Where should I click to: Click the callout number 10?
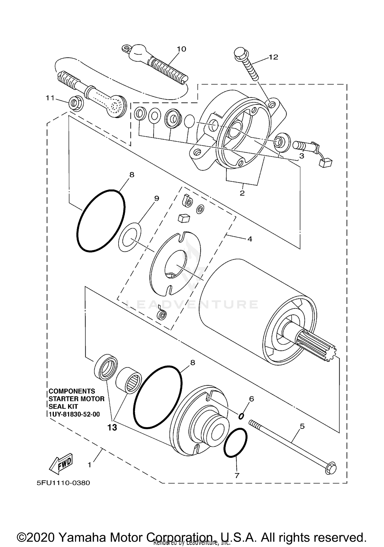tap(182, 49)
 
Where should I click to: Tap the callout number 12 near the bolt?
tap(273, 57)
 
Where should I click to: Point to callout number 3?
tap(302, 156)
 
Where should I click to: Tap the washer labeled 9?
tap(130, 237)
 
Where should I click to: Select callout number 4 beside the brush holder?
tap(250, 239)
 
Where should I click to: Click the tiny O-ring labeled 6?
tap(241, 417)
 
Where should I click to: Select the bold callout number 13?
tap(112, 427)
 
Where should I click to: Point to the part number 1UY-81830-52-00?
tap(74, 414)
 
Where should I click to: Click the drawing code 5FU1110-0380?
tap(63, 483)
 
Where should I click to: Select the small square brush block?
tap(184, 218)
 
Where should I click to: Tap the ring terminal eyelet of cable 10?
tap(126, 48)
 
